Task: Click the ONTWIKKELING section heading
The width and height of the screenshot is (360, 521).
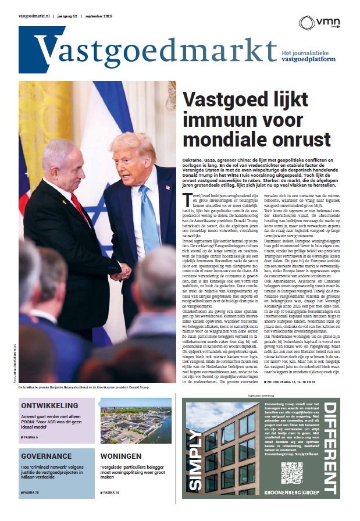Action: click(x=49, y=405)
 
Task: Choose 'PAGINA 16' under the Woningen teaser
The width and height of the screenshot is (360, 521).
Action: click(x=112, y=493)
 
